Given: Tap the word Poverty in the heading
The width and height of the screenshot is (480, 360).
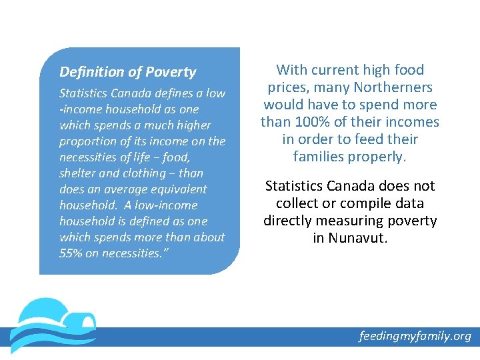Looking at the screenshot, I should pyautogui.click(x=171, y=72).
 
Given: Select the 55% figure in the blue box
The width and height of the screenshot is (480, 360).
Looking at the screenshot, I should pyautogui.click(x=71, y=253).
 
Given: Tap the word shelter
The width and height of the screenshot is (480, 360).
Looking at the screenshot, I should pyautogui.click(x=78, y=173).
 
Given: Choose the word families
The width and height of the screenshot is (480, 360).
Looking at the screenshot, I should pyautogui.click(x=320, y=157).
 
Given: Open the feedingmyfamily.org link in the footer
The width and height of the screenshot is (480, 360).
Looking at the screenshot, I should pyautogui.click(x=415, y=336).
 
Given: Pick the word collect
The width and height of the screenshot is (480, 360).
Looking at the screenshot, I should pyautogui.click(x=300, y=203).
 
